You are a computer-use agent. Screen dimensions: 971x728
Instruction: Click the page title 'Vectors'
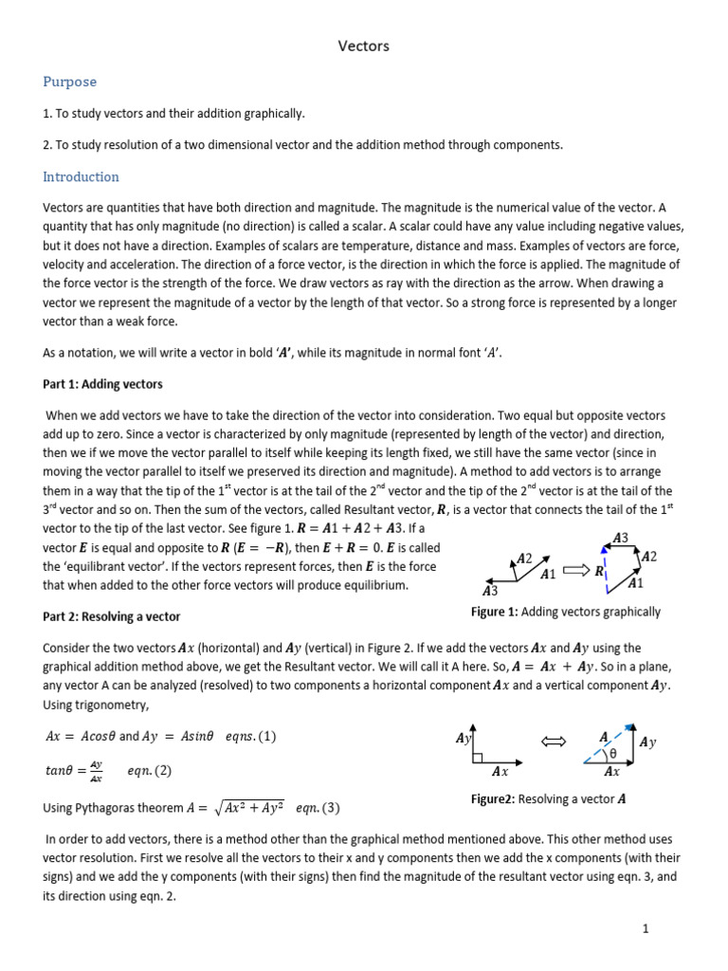point(364,46)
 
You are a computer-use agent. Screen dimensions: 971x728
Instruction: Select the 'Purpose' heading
point(69,82)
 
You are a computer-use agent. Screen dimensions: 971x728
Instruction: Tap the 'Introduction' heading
point(81,176)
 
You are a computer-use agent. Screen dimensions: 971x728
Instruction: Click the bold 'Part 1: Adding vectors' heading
point(102,384)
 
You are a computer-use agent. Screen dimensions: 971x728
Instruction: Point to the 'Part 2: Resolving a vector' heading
point(111,616)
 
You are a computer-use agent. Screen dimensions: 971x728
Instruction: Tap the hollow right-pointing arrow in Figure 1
point(575,571)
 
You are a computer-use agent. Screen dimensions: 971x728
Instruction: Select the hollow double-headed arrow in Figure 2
point(553,741)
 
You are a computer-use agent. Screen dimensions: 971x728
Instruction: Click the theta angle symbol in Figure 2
point(611,754)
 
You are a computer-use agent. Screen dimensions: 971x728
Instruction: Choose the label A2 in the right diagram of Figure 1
point(649,557)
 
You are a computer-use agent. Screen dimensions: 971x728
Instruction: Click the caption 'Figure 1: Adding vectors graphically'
point(566,613)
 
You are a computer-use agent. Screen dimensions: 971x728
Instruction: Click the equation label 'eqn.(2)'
point(150,771)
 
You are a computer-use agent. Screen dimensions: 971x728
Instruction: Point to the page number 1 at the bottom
point(645,929)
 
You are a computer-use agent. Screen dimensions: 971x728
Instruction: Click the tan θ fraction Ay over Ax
point(96,771)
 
